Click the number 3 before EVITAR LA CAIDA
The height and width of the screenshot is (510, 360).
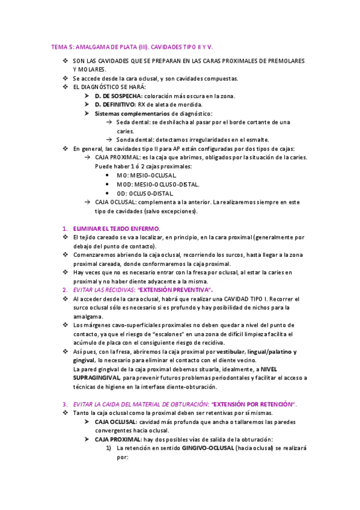65,404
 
